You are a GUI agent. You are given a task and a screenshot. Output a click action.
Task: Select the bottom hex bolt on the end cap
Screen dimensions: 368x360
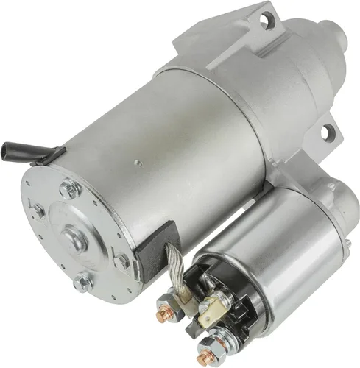(83, 281)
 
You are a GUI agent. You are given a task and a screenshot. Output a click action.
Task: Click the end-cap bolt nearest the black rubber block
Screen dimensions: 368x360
(121, 260)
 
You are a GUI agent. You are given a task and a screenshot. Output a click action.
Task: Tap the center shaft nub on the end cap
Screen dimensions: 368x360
(74, 236)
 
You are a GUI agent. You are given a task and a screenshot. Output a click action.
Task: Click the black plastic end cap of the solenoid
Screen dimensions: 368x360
(222, 302)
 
